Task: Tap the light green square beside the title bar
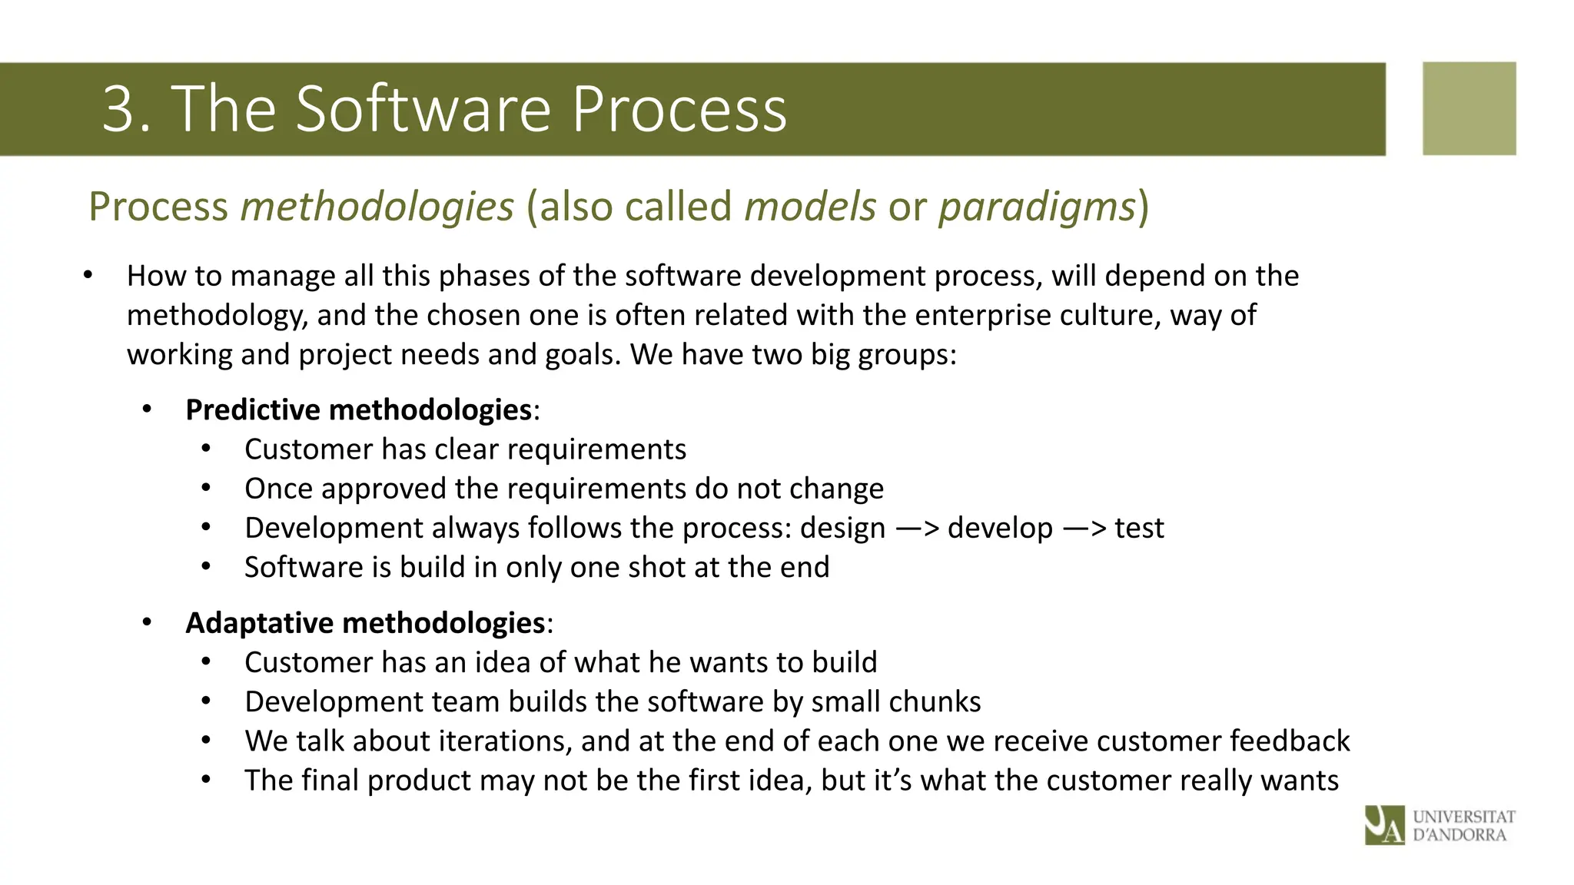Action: [x=1469, y=108]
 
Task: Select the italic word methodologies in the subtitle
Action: [x=377, y=207]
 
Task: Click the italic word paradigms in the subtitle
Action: [x=1037, y=207]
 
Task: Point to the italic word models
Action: [x=810, y=207]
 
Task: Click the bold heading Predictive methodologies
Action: [x=358, y=409]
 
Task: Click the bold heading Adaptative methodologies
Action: [x=365, y=622]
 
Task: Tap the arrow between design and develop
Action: [x=917, y=529]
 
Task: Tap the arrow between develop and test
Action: [x=1084, y=529]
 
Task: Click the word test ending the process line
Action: [x=1140, y=529]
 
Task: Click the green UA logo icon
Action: [x=1384, y=825]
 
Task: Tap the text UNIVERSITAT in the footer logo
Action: [x=1464, y=817]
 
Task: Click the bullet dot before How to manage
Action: [x=88, y=275]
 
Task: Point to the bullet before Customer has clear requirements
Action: [x=205, y=449]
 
